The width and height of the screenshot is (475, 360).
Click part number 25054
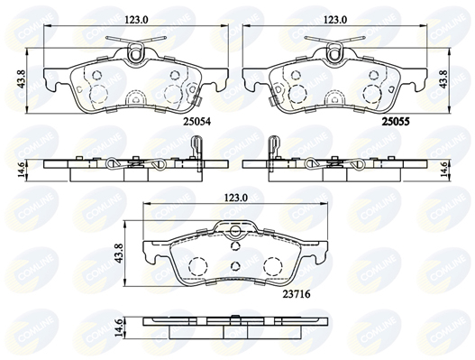(196, 122)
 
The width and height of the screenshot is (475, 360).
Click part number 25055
(396, 122)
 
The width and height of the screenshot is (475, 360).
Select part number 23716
(297, 294)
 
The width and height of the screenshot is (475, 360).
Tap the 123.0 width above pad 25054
(136, 20)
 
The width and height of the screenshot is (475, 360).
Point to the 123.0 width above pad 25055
(335, 20)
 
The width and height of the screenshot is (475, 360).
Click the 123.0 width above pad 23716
(235, 198)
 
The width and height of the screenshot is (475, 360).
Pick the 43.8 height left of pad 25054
(22, 80)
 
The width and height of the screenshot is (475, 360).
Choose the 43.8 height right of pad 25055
(443, 80)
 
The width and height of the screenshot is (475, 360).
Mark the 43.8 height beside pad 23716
(119, 254)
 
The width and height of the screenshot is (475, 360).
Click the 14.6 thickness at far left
(22, 171)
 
